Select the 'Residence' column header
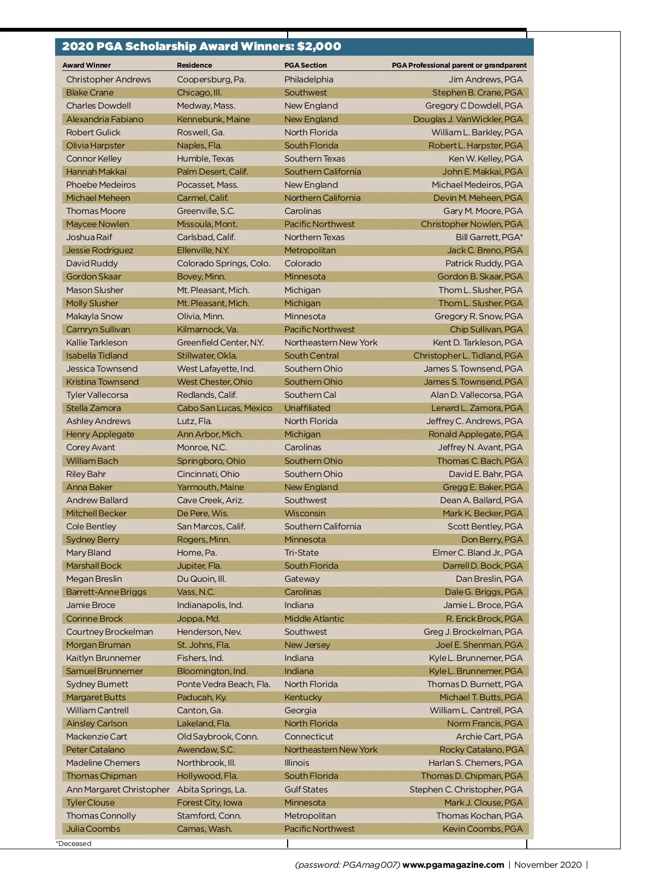coord(194,65)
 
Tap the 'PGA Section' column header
coord(305,65)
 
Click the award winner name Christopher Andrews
coord(108,80)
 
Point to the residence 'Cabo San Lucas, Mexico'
coord(224,408)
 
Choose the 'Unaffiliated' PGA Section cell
coord(307,408)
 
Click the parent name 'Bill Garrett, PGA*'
coord(489,237)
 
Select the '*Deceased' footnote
coord(74,843)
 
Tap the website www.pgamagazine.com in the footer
coord(453,865)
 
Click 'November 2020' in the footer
coord(548,865)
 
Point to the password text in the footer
coord(347,865)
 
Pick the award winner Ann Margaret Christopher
coord(118,790)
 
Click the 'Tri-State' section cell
coord(301,553)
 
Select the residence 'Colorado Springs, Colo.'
coord(223,264)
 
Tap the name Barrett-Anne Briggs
coord(106,592)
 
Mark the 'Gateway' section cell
coord(302,579)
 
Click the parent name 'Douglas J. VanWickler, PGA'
coord(468,120)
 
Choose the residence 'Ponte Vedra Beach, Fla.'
coord(223,684)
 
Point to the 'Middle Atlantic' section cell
coord(314,619)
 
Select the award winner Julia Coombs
coord(93,829)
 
